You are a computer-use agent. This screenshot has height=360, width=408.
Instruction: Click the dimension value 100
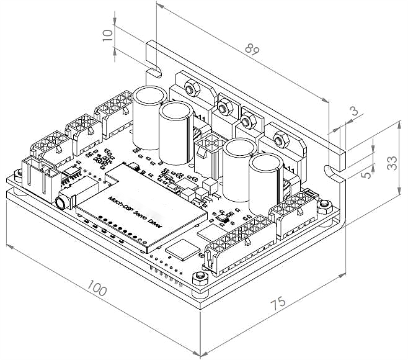click(97, 289)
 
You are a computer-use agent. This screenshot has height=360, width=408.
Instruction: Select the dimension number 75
click(279, 304)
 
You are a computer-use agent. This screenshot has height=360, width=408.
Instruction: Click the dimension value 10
click(110, 34)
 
